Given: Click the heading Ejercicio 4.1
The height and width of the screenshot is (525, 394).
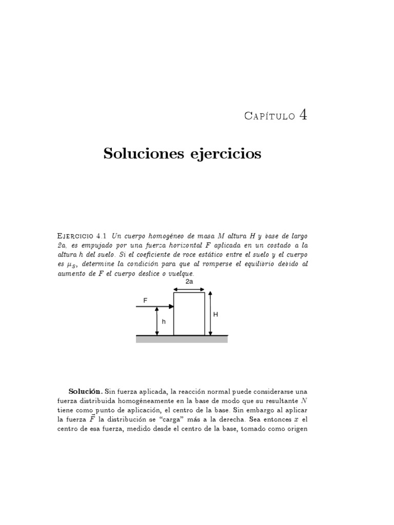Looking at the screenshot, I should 82,235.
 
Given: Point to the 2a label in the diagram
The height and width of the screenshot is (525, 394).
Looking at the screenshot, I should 189,282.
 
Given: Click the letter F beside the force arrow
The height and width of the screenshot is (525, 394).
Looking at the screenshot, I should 145,301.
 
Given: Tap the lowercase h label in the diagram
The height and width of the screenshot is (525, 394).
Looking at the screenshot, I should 164,321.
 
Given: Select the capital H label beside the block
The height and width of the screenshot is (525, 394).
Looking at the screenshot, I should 215,315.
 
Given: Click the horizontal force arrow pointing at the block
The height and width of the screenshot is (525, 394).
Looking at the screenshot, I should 154,307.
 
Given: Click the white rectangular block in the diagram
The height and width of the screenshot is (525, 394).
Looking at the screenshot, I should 189,314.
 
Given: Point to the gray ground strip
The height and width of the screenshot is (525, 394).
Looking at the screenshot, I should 182,339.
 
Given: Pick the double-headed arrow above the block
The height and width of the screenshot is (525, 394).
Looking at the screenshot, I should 189,289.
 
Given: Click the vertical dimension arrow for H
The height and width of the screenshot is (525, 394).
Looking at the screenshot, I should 210,313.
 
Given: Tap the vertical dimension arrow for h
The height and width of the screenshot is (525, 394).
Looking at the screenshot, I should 157,321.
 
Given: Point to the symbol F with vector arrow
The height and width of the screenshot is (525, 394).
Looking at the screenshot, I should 92,419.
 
